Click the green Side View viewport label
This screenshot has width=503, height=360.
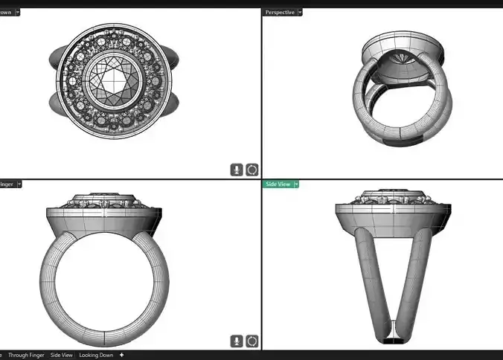coord(277,184)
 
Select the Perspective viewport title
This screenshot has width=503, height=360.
coord(279,12)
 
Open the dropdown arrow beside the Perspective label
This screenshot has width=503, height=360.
coord(300,12)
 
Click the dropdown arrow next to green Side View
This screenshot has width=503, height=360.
coord(296,184)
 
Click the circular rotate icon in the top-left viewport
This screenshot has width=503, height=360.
coord(251,170)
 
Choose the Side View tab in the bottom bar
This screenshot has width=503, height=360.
coord(62,356)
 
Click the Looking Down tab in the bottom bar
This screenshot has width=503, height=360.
coord(97,356)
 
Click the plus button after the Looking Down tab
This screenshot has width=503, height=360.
coord(122,356)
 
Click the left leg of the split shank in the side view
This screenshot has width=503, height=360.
coord(365,275)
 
